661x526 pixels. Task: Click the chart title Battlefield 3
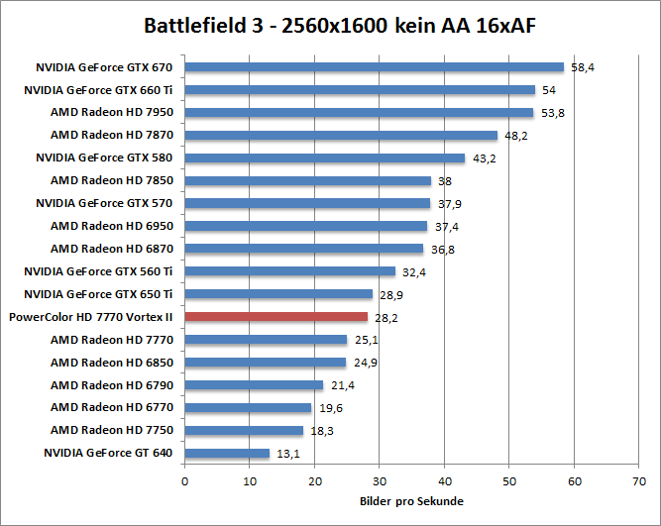tap(330, 24)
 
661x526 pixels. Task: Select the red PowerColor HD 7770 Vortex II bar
tap(276, 317)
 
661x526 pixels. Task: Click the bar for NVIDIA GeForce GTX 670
tap(374, 67)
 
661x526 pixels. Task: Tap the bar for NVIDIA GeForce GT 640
tap(227, 453)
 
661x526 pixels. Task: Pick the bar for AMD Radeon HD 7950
tap(359, 113)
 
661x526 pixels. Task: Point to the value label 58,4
tap(582, 67)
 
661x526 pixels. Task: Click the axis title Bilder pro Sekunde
tap(411, 501)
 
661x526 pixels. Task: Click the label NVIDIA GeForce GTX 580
tap(105, 158)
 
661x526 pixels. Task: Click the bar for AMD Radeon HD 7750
tap(244, 430)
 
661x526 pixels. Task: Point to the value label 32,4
tap(413, 272)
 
